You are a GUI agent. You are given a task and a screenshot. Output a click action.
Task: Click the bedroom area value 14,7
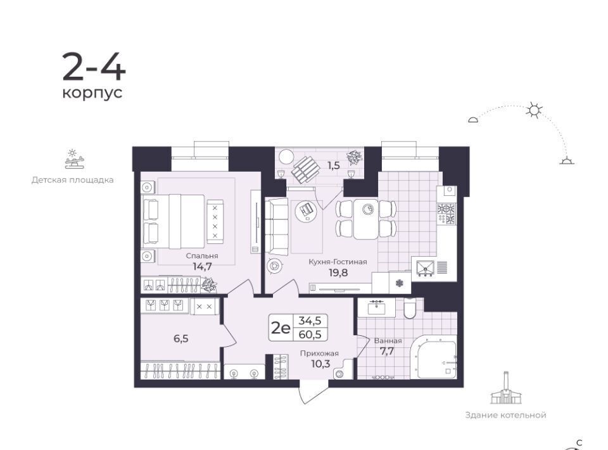pos(202,266)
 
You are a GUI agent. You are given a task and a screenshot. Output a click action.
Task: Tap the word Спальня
pos(201,255)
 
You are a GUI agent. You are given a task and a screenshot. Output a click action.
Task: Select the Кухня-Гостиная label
pos(338,262)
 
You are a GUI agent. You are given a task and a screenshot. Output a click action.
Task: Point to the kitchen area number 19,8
pos(338,273)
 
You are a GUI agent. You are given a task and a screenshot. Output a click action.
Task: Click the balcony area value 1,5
pos(334,165)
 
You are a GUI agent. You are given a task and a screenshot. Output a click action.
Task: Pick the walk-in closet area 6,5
pos(181,338)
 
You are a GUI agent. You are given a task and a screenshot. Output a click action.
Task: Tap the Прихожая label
pos(319,354)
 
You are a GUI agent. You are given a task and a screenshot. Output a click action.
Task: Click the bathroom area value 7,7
pos(387,352)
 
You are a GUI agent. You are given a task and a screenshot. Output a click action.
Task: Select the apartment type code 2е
pos(280,328)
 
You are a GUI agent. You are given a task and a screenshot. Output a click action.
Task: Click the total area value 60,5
pos(310,334)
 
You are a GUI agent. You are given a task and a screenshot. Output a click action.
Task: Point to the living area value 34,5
pos(310,321)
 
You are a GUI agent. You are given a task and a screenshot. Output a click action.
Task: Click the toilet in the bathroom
pos(410,309)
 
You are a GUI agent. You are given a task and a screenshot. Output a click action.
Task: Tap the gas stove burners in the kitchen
pos(446,214)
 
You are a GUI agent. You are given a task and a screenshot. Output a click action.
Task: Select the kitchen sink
pos(425,267)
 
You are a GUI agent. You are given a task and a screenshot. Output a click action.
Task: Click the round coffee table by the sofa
pos(306,210)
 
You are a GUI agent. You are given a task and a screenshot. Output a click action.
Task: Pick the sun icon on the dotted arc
pos(534,110)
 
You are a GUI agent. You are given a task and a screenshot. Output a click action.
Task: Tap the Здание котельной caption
pos(505,415)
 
